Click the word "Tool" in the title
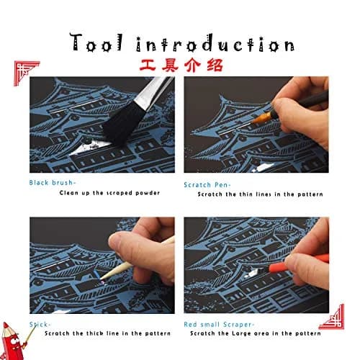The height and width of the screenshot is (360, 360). point(96,42)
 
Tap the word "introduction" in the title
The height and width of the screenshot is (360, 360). point(215,44)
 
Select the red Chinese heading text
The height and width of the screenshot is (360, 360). point(181,66)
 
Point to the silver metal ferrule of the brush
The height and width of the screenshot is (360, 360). point(153,92)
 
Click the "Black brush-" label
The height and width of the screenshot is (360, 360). point(53,183)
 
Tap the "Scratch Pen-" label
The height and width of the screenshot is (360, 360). point(207,185)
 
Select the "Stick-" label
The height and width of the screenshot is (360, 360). point(40,325)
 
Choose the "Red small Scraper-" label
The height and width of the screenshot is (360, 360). point(219,325)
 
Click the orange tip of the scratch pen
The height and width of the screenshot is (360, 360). point(261,118)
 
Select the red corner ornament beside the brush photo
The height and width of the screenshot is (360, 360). point(25,72)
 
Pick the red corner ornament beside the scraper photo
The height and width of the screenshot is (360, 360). point(332,318)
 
